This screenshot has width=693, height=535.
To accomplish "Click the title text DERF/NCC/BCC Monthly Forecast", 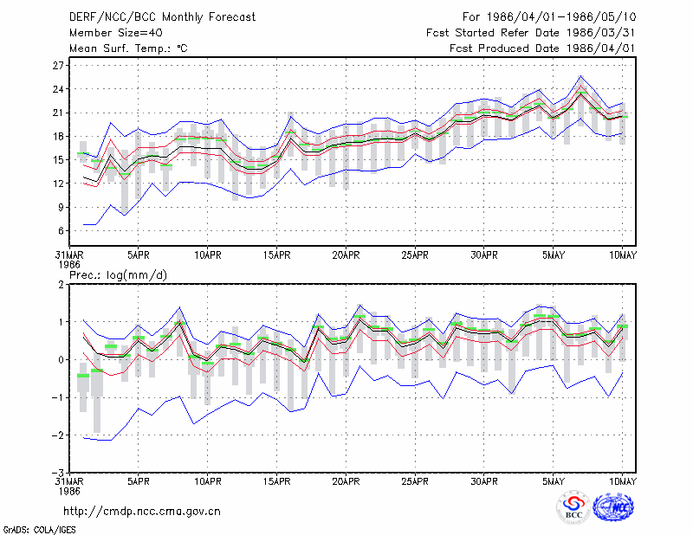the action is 162,17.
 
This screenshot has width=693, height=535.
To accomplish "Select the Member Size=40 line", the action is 116,33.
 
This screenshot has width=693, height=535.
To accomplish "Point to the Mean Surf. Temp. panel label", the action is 128,48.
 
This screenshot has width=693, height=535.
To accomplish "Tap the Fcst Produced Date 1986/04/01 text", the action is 542,48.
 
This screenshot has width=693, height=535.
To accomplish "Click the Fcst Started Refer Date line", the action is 531,33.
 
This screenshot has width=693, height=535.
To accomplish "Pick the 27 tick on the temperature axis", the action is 58,66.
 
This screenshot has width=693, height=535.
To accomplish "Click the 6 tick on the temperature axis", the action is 61,231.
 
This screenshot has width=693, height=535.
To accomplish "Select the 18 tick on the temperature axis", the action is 58,137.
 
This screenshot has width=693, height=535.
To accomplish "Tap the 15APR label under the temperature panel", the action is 276,255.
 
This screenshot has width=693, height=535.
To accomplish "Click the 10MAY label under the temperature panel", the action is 622,255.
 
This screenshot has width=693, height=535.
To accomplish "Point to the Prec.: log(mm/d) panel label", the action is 118,275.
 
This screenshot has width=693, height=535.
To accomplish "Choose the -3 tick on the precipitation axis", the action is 58,473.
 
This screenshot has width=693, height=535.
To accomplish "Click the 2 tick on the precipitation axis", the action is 61,285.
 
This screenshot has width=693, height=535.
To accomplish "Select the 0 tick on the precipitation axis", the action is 61,360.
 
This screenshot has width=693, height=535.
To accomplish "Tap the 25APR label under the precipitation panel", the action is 415,481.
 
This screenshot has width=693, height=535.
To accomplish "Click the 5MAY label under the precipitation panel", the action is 554,481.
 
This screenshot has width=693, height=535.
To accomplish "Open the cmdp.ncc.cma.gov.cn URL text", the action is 142,512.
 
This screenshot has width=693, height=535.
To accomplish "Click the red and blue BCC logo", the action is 573,507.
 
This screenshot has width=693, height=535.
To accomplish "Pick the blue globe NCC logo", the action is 613,507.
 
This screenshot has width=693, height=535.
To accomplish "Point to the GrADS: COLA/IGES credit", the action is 39,530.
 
